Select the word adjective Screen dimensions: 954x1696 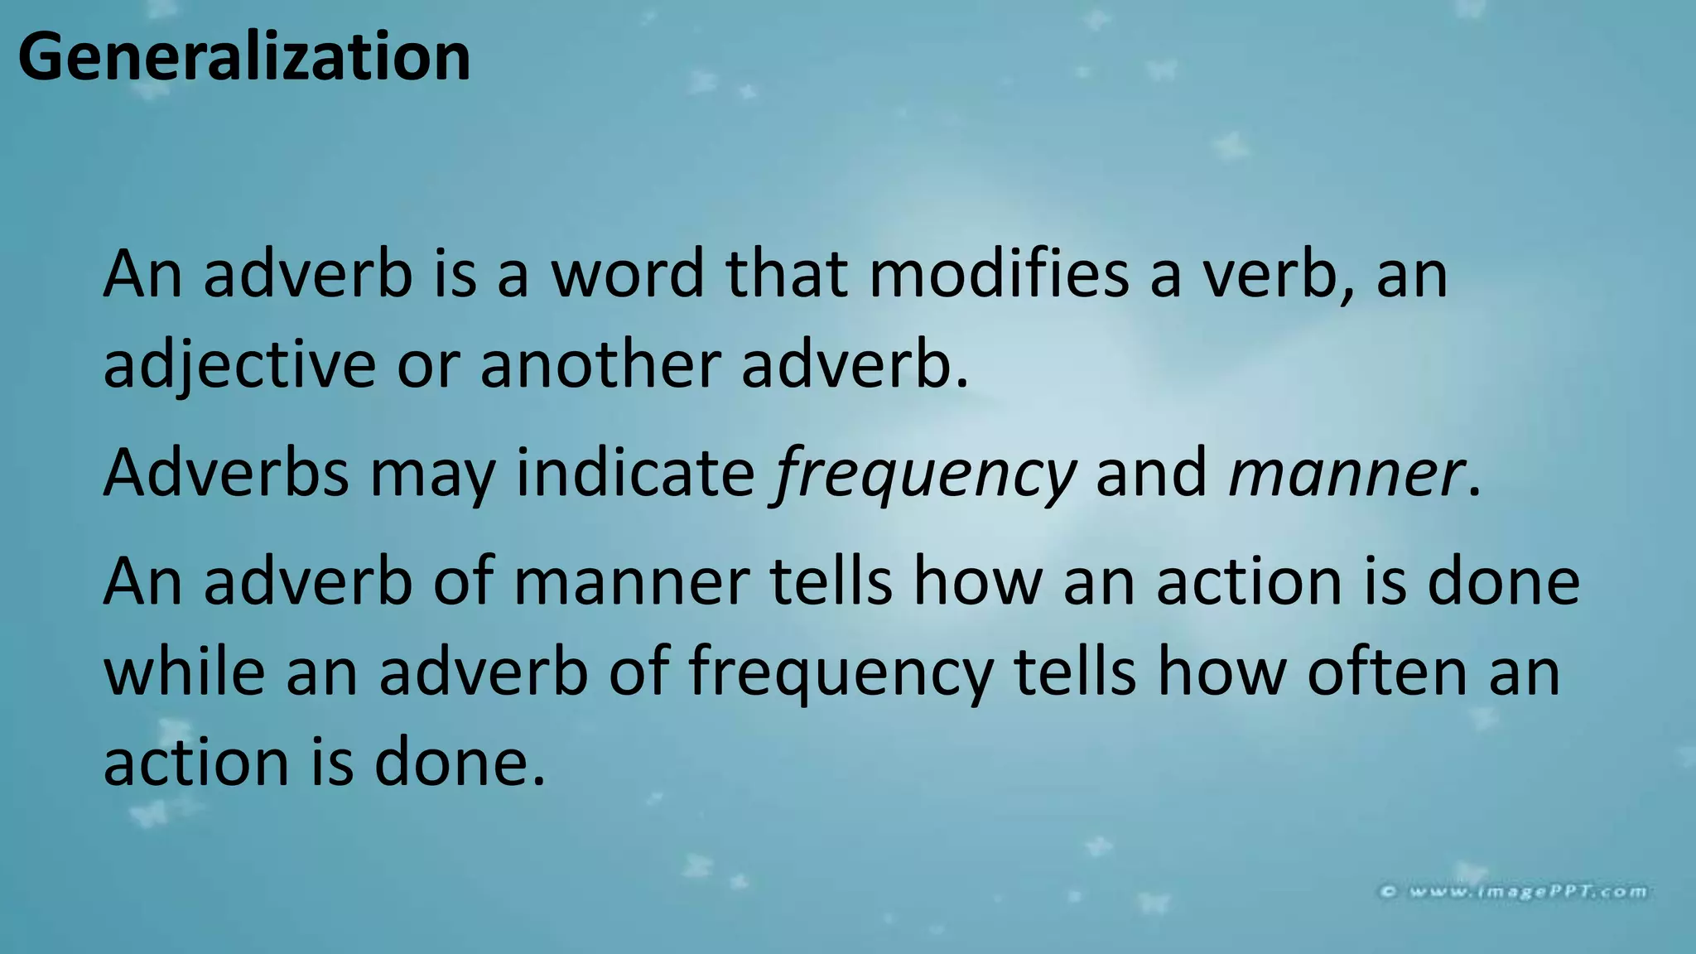pyautogui.click(x=239, y=366)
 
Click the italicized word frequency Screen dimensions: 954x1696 pyautogui.click(x=923, y=475)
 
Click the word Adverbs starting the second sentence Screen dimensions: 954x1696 pyautogui.click(x=226, y=473)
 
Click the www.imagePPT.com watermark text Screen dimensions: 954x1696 pyautogui.click(x=1528, y=891)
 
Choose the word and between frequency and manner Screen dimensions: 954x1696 pyautogui.click(x=1152, y=473)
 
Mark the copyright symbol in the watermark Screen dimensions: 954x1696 pyautogui.click(x=1389, y=892)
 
